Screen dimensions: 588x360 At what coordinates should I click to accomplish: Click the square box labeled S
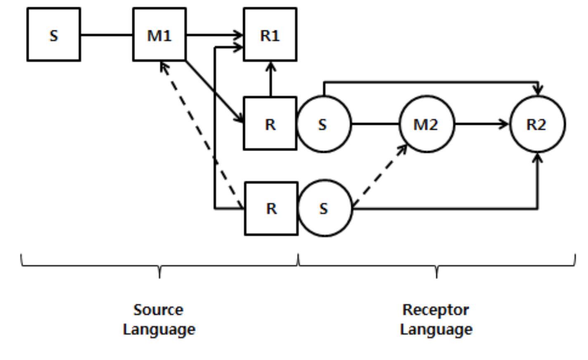tap(54, 35)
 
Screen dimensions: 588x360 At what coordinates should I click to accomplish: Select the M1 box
tap(159, 35)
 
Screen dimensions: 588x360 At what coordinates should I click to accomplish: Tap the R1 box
tap(270, 35)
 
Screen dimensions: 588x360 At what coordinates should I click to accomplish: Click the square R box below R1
tap(270, 123)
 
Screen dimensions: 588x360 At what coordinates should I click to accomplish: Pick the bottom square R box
tap(271, 208)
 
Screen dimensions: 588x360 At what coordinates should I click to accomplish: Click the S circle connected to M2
tap(323, 124)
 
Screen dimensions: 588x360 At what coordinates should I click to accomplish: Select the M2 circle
tap(426, 124)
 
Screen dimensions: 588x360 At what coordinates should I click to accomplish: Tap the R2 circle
tap(537, 124)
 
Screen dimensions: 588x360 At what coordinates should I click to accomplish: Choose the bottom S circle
tap(324, 208)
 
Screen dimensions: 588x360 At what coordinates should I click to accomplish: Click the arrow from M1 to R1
tap(215, 35)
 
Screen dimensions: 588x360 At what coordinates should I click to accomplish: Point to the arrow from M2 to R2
tap(481, 124)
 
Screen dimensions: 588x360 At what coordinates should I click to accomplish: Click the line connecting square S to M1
tap(107, 35)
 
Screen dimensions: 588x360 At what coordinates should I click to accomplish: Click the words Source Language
tap(159, 319)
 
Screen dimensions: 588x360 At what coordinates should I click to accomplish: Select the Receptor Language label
tap(436, 319)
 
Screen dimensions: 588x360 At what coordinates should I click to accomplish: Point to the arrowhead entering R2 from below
tap(537, 158)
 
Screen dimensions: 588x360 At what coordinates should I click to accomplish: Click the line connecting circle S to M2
tap(375, 124)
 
